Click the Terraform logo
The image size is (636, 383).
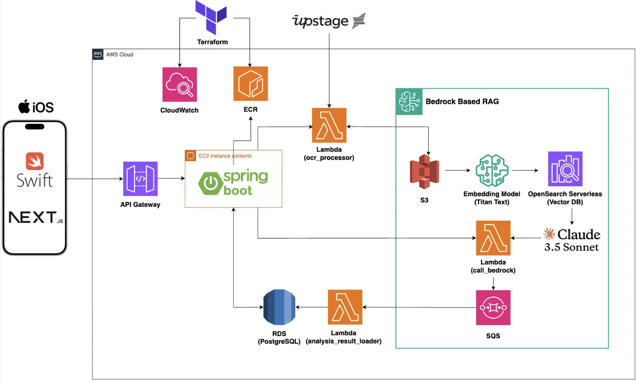pos(211,17)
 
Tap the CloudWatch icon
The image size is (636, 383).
pos(179,85)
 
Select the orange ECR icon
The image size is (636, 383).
pos(250,84)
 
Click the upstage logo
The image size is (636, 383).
pos(329,21)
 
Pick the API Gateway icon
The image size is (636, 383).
pos(140,179)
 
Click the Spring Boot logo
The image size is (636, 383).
pos(233,182)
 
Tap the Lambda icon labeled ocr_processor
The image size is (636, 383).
pos(329,125)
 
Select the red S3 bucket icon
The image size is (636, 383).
pos(425,172)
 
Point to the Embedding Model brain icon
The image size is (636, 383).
pos(492,170)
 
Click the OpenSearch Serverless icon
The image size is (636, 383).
pos(565,169)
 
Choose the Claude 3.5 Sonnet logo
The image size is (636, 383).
pos(572,240)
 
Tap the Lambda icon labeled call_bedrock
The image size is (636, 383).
pos(493,238)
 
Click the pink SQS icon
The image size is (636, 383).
pos(493,308)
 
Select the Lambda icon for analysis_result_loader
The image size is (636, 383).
pos(345,307)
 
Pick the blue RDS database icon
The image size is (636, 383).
pos(279,307)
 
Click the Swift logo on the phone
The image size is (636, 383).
pos(35,170)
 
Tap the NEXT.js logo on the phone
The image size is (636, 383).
pos(36,217)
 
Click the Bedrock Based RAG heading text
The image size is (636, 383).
pos(462,102)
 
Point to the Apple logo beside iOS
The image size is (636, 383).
pos(24,106)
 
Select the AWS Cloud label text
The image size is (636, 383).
pos(120,54)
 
